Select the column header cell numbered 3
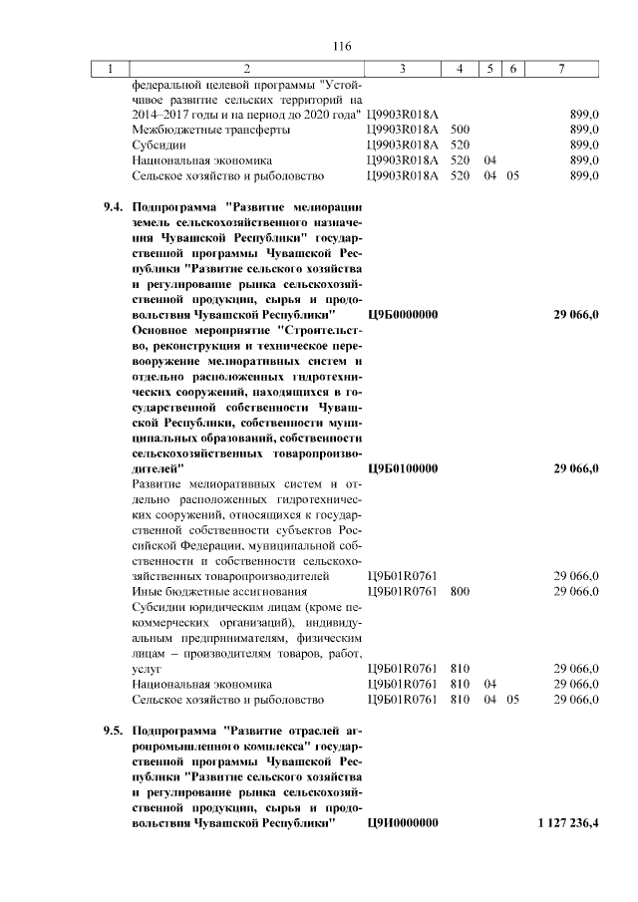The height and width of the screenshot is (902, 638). pos(402,69)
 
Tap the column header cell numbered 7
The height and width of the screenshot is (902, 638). pos(562,69)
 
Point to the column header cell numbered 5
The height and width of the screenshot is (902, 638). pos(489,69)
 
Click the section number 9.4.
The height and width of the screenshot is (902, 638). pos(114,206)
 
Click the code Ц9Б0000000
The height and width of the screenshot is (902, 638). pos(403,314)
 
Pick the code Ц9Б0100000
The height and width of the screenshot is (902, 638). pos(403,467)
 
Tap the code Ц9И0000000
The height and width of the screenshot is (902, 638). pos(403,822)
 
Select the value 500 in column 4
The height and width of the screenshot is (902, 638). pos(460,130)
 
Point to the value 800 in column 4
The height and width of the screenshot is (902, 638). pos(460,591)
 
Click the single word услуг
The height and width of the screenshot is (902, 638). pos(147,669)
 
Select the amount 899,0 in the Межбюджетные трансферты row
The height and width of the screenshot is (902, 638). pos(583,130)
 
